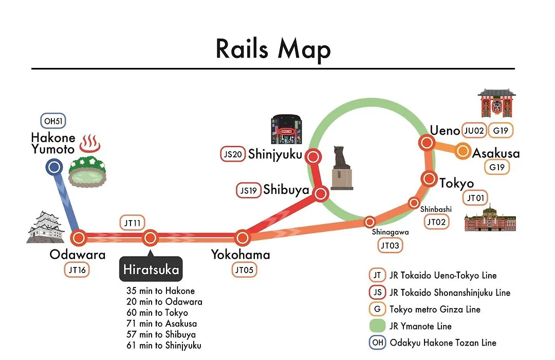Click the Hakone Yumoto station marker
(54, 167)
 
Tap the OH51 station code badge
(53, 121)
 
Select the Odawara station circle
(79, 238)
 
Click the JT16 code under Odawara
(77, 270)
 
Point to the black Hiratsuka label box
(151, 269)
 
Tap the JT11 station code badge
(133, 223)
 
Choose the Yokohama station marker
(243, 238)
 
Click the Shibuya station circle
(321, 194)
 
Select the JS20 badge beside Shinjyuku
(233, 154)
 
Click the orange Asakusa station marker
(462, 151)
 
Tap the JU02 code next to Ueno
(474, 131)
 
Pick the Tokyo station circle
(429, 178)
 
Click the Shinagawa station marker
(369, 222)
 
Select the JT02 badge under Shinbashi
(436, 222)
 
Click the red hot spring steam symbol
(90, 143)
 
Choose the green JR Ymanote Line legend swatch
(377, 326)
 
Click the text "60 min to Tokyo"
(157, 313)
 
